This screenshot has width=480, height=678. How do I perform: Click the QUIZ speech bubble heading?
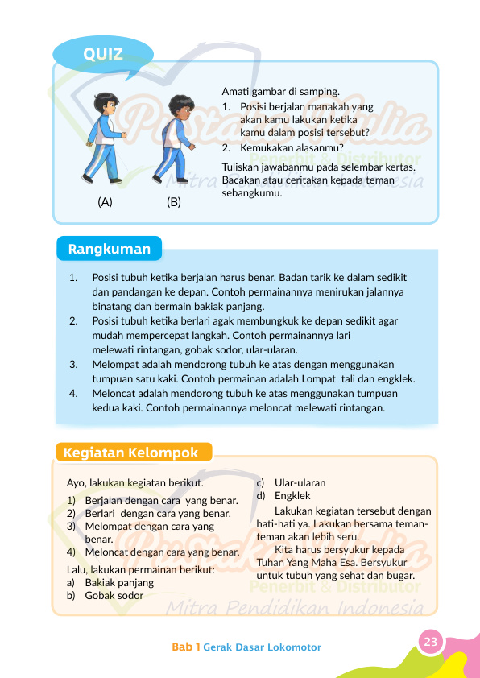pos(103,54)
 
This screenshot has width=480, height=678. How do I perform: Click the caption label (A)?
pos(105,202)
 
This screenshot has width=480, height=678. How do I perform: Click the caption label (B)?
pos(174,202)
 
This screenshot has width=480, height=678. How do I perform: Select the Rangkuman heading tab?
pos(110,249)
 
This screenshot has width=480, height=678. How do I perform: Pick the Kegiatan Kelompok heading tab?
pos(131,453)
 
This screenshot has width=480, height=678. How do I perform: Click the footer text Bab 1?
pos(185,647)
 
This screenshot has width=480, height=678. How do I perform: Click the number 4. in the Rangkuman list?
pos(73,393)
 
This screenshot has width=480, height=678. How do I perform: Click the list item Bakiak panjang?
pos(118,582)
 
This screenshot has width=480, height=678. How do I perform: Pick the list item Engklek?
pos(292,496)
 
